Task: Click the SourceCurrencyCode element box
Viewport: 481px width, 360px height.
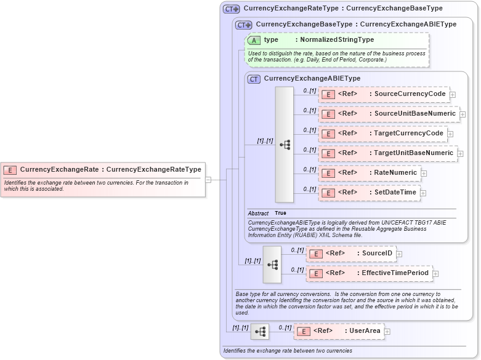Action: (384, 94)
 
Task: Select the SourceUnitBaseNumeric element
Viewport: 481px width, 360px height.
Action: (389, 114)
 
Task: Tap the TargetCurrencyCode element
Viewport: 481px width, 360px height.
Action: (382, 134)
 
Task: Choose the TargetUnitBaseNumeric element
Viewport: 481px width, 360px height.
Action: (387, 153)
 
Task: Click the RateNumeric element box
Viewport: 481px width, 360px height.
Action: (370, 173)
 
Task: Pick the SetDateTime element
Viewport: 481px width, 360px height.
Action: (369, 193)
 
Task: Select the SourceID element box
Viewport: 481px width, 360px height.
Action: (350, 254)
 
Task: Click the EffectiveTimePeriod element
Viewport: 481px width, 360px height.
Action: (368, 273)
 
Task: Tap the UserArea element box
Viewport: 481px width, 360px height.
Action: (338, 332)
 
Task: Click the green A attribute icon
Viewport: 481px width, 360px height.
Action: (254, 40)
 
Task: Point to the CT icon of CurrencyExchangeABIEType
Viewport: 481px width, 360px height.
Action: (254, 79)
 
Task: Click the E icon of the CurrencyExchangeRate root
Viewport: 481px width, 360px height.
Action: (10, 170)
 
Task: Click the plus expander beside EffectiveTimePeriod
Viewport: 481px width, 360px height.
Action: (435, 274)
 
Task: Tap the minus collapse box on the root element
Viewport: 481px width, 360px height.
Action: (208, 180)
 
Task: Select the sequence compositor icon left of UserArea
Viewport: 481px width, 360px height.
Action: (260, 332)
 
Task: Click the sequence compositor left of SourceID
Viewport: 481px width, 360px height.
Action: (272, 263)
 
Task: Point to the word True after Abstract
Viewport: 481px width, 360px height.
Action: (280, 213)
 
